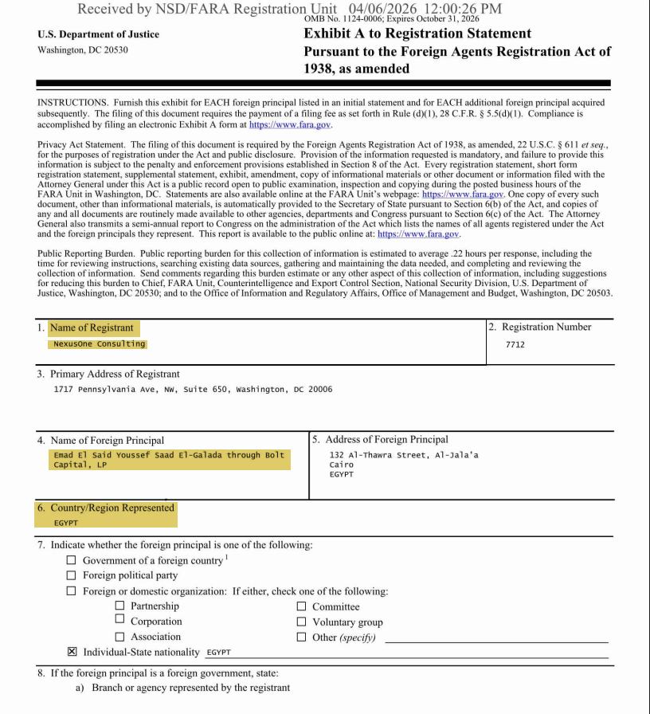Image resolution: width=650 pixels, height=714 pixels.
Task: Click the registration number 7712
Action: click(515, 345)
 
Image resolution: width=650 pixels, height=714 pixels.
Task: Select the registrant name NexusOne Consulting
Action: click(100, 344)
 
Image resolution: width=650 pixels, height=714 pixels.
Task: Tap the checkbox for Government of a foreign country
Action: click(72, 560)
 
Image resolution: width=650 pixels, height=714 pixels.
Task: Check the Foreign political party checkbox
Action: click(72, 575)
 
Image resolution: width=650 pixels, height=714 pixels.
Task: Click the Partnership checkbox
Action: click(119, 606)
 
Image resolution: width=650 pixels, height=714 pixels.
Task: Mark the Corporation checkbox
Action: click(119, 620)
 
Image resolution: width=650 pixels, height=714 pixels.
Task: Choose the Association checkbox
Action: click(119, 637)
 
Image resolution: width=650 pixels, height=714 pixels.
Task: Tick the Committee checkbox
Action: click(301, 606)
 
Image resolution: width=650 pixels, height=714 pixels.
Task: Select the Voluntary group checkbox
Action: click(301, 622)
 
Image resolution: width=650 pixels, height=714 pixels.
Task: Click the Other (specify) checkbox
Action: click(301, 637)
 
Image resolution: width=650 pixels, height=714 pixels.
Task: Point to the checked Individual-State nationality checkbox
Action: click(72, 652)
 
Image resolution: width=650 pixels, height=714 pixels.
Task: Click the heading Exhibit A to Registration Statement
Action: click(417, 33)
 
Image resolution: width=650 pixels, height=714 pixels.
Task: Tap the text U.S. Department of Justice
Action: click(98, 34)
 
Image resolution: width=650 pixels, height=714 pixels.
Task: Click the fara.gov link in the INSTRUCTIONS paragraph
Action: click(290, 125)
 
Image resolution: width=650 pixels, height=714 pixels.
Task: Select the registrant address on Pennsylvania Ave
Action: click(193, 390)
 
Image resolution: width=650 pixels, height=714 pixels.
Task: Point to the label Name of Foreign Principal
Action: click(107, 440)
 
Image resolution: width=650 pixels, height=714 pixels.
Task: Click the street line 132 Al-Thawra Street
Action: click(404, 455)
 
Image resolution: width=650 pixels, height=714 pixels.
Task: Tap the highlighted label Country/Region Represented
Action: click(112, 508)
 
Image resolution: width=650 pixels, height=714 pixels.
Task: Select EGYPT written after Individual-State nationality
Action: click(218, 653)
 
